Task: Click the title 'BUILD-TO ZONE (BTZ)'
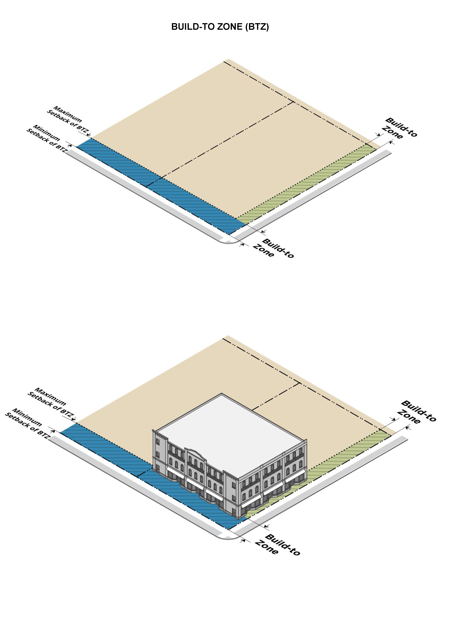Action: [x=220, y=27]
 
